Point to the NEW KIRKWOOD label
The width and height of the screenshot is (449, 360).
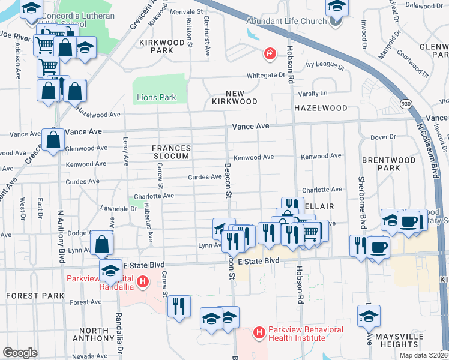pos(234,98)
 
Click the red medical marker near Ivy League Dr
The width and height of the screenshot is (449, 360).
pos(270,55)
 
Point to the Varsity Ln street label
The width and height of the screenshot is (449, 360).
pos(314,93)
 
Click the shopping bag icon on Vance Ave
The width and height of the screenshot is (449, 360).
pos(53,140)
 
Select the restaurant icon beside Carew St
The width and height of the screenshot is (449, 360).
pos(179,306)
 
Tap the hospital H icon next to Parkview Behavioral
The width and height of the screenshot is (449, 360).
pos(259,332)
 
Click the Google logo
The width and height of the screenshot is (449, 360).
pos(20,353)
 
